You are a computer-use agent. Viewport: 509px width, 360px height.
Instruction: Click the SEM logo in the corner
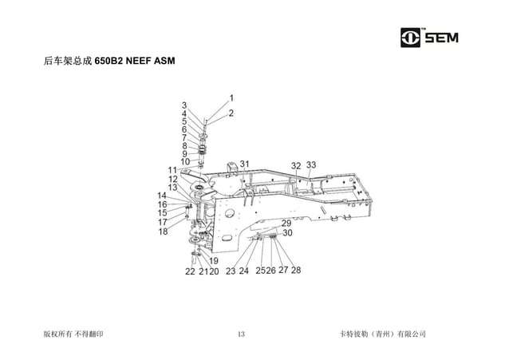(x=435, y=38)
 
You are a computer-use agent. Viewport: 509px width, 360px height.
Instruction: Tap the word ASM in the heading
(x=164, y=61)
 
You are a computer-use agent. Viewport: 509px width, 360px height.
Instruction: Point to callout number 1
(x=231, y=98)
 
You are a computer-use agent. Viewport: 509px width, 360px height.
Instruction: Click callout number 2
(x=231, y=113)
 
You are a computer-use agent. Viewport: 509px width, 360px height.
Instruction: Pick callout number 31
(x=245, y=164)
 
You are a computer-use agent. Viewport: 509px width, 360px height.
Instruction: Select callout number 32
(x=296, y=166)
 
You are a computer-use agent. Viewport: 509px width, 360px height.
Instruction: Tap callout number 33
(x=311, y=165)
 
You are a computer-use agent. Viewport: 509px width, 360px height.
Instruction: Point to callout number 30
(x=287, y=233)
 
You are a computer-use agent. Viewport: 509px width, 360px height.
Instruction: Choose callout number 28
(x=296, y=271)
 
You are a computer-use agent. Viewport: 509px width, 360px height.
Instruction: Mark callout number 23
(x=231, y=271)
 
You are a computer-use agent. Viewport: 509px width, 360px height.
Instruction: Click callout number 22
(x=190, y=271)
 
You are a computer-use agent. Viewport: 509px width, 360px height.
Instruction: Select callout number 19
(x=214, y=261)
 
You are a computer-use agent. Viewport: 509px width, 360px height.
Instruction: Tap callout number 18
(x=163, y=231)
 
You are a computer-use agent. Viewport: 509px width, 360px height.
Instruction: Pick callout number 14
(x=162, y=196)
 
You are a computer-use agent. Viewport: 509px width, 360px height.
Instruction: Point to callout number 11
(x=172, y=170)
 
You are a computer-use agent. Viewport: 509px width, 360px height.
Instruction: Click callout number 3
(x=184, y=105)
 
